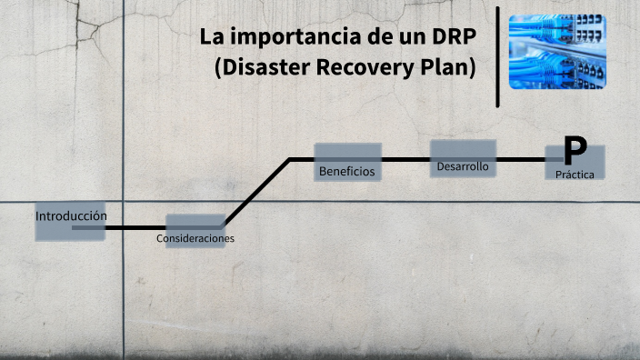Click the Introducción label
tap(71, 216)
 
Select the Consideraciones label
tap(195, 238)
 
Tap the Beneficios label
tap(346, 171)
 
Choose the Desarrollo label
tap(463, 167)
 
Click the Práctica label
tap(575, 173)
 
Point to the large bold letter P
tap(575, 149)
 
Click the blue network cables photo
tap(557, 51)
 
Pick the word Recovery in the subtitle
tap(365, 69)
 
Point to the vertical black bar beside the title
tap(498, 56)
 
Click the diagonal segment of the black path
tap(257, 193)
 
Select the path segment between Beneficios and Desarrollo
tap(405, 160)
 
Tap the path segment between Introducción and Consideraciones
tap(135, 227)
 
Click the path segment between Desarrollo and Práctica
tap(521, 160)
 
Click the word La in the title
tap(211, 38)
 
